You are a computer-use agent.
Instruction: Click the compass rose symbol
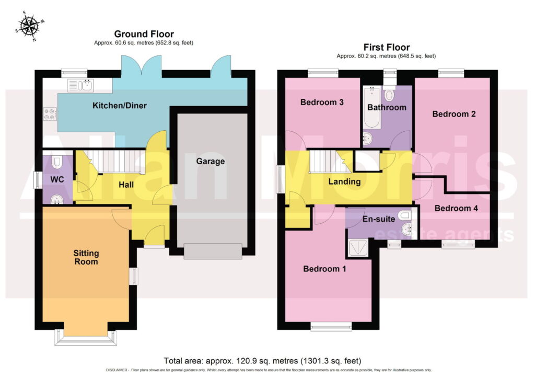[x=30, y=26]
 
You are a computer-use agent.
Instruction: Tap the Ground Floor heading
[x=144, y=34]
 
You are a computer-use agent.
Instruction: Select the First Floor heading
[x=386, y=47]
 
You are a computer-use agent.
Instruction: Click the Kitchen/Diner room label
[x=120, y=106]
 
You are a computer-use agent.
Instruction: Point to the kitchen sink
[x=80, y=85]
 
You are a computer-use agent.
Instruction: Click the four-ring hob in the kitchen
[x=50, y=114]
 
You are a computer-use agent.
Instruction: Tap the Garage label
[x=210, y=161]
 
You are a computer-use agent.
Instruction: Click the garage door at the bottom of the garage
[x=213, y=251]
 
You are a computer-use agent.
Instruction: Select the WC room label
[x=57, y=180]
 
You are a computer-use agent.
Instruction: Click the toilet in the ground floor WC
[x=56, y=162]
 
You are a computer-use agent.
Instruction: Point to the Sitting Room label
[x=86, y=257]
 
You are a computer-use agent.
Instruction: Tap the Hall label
[x=126, y=185]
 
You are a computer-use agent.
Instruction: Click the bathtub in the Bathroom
[x=372, y=107]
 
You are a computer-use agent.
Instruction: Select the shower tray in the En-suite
[x=358, y=248]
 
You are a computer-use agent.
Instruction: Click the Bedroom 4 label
[x=456, y=208]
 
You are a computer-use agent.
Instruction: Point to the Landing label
[x=344, y=181]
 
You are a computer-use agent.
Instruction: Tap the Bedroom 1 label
[x=324, y=269]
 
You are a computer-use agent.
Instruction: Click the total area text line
[x=262, y=361]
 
